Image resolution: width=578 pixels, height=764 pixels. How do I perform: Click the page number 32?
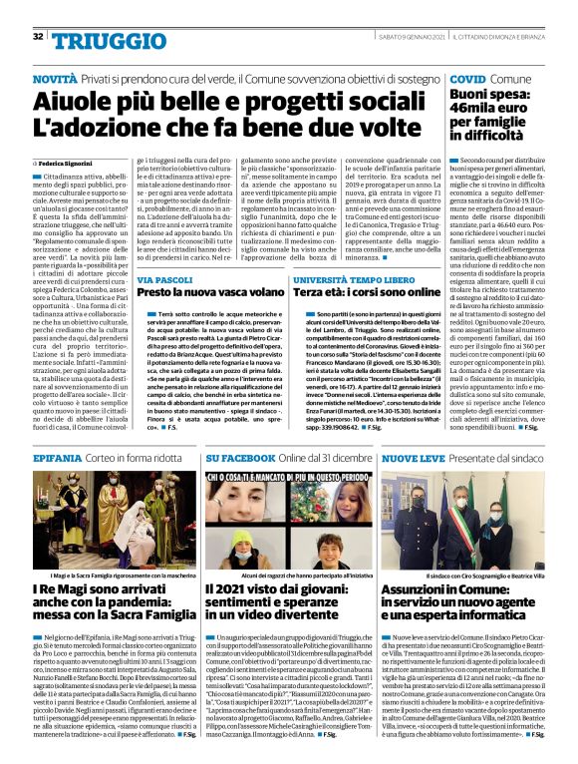[38, 37]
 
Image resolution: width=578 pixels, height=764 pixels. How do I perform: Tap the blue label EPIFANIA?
[60, 457]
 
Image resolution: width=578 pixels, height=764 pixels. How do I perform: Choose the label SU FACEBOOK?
[245, 457]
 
